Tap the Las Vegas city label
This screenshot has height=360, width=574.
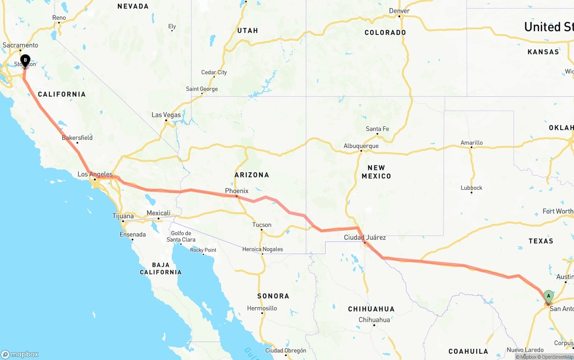pos(166,115)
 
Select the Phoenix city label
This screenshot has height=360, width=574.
pos(236,191)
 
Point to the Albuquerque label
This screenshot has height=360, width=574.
pos(361,146)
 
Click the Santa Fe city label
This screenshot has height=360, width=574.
pos(377,129)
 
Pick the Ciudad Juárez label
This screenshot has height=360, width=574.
pos(365,237)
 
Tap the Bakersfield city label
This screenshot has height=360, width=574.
pos(77,138)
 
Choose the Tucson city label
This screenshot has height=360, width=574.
pos(261,225)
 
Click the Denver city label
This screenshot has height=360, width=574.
pos(399,11)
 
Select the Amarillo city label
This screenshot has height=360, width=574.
pos(471,143)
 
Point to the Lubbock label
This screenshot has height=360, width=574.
pos(471,187)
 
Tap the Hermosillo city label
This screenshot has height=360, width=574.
pos(262,308)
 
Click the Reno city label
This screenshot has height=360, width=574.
pos(59,17)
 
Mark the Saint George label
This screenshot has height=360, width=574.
pos(202,89)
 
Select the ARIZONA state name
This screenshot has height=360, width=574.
pos(252,175)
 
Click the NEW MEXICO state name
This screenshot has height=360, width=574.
pos(376,172)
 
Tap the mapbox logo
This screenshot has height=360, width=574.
pos(20,354)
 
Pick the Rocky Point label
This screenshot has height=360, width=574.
pos(203,250)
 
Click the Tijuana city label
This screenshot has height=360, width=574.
pos(123,216)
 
